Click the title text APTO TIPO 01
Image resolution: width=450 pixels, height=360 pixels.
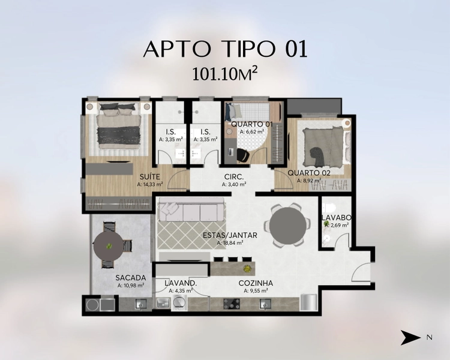pos(225,49)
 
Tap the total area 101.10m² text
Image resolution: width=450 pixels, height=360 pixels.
pos(225,74)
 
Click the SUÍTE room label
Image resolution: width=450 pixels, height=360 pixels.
pos(149,176)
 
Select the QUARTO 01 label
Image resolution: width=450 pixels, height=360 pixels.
pos(251,124)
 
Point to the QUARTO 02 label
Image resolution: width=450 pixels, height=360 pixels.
pos(309,173)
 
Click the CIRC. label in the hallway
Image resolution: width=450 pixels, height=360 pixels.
pos(234,176)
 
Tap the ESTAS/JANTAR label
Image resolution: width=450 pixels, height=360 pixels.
pos(230,235)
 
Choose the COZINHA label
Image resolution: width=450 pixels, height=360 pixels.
pos(256,283)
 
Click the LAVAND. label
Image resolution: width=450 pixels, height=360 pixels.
pos(181,283)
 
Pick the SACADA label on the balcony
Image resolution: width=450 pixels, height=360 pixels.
pos(131,278)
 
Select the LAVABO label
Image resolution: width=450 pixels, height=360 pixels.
pos(337,217)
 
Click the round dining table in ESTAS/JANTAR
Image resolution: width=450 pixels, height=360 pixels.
pos(287,225)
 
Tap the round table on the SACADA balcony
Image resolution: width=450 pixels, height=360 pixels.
pos(109,246)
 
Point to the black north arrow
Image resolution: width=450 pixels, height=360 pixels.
pos(410,337)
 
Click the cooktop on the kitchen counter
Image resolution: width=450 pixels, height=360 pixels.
pos(232,304)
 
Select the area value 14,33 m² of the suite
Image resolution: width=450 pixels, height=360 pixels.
pos(150,184)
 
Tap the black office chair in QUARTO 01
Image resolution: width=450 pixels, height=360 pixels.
pos(243,155)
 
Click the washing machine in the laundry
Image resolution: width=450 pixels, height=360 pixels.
pos(179,303)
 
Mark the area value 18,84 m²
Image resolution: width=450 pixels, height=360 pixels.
pos(230,243)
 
